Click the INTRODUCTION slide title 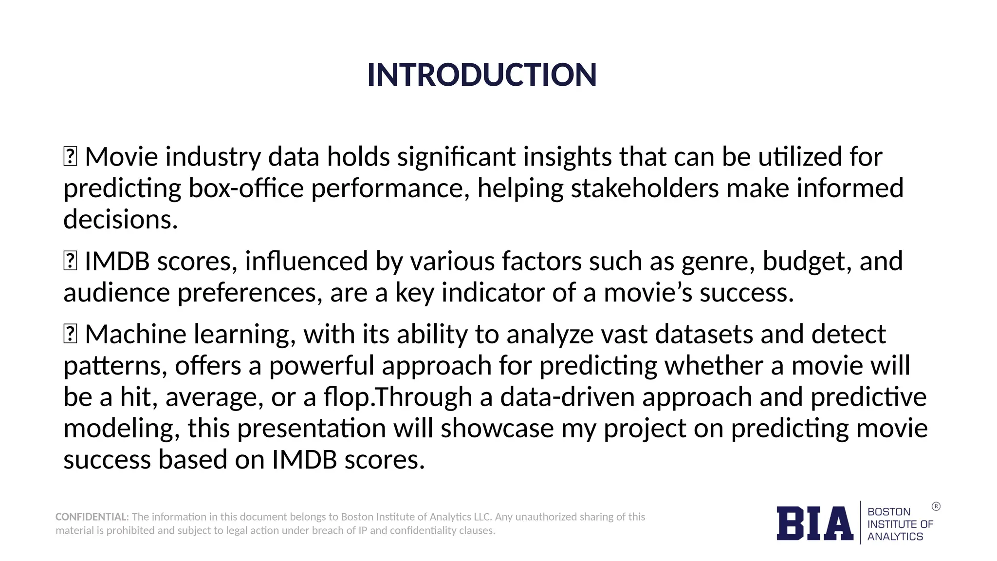point(481,75)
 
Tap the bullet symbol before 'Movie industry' point(70,157)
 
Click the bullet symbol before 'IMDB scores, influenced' point(70,261)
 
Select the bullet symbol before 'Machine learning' point(70,334)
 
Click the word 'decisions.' point(120,220)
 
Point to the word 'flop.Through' point(398,397)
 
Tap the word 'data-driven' point(567,397)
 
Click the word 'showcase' point(497,429)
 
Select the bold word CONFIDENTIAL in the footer point(91,517)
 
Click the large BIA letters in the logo point(814,524)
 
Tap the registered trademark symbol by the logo point(936,506)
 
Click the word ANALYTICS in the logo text point(895,537)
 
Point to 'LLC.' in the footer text point(483,517)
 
